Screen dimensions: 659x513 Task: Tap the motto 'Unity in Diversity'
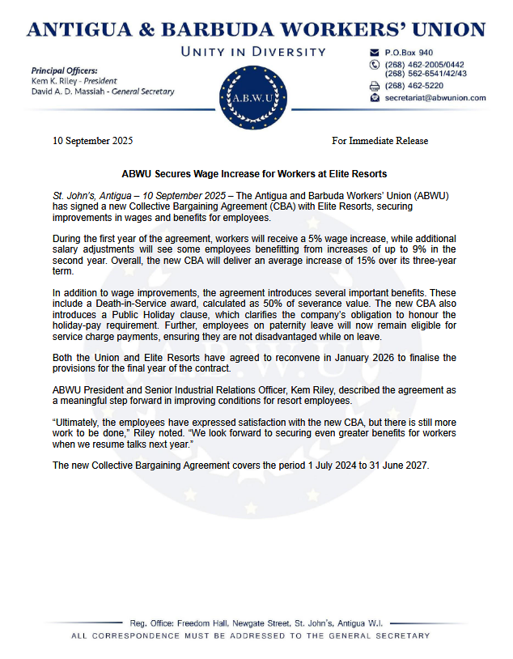pos(256,52)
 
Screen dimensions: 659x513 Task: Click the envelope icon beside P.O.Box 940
pos(374,52)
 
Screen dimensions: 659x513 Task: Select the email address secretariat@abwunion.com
pos(436,97)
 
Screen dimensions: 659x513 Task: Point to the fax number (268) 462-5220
pos(414,85)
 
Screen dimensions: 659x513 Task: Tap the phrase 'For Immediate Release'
pos(380,141)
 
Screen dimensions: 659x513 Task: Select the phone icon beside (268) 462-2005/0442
pos(374,64)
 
